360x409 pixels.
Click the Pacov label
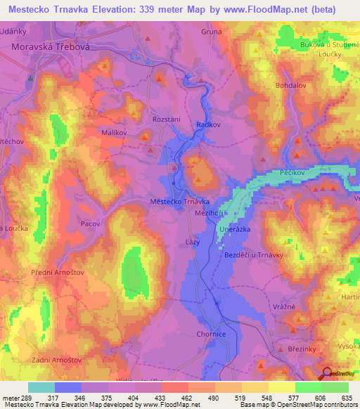[x=90, y=223]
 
